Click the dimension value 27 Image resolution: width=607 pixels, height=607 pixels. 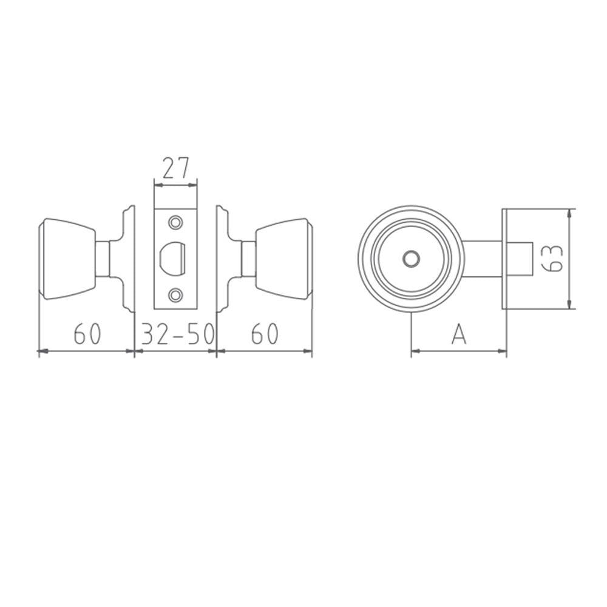pos(176,168)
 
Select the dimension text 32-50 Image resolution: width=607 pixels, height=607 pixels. pos(176,334)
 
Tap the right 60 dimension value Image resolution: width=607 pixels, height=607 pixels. pos(265,334)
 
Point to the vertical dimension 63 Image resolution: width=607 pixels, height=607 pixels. pos(553,259)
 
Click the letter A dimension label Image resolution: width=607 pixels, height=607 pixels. pos(459,334)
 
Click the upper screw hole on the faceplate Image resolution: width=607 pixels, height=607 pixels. pos(177,223)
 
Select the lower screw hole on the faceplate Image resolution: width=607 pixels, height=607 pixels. pos(177,295)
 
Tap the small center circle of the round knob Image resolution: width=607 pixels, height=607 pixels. pos(411,259)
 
